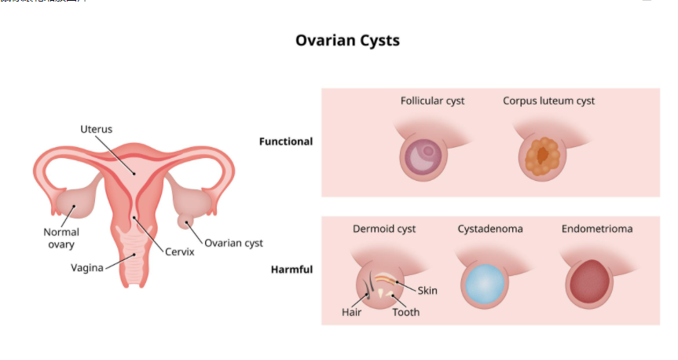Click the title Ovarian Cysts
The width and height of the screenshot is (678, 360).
point(347,40)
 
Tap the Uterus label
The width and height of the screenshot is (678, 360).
point(96,129)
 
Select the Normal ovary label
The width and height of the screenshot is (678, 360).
point(61,238)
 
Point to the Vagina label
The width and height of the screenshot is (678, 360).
point(87,267)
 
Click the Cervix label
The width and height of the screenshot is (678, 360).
point(179,252)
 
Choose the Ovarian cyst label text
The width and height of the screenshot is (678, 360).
point(233,243)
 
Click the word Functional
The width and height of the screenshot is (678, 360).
point(286,141)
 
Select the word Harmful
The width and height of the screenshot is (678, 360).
point(291,270)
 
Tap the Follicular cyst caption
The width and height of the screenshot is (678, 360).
point(432,101)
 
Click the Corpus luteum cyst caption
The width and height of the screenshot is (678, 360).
point(548,101)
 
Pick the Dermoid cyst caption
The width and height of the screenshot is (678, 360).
point(384,229)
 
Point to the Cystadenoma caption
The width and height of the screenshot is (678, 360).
point(490,229)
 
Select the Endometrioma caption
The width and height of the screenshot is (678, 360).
point(597,229)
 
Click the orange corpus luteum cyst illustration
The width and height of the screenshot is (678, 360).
point(541,156)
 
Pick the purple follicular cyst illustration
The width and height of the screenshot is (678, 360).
point(425,155)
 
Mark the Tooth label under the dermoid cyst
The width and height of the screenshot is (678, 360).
point(405,312)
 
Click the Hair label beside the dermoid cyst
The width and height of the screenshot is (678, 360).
point(351,312)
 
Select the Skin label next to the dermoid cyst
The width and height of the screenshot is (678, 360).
point(427,291)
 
